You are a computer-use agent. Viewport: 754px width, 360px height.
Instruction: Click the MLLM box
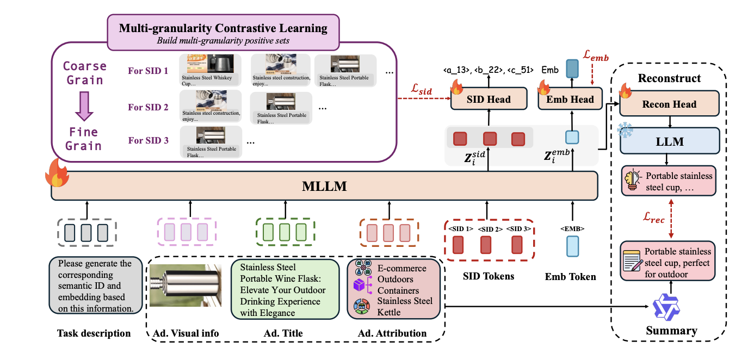(324, 187)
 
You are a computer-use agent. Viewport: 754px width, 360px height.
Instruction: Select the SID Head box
(489, 99)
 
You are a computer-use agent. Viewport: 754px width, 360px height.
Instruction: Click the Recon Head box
(669, 104)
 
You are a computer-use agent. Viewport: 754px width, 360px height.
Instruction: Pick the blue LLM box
(669, 141)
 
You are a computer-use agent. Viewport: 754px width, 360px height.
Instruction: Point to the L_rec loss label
(653, 220)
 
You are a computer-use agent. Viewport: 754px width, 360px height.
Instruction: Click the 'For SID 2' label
(148, 107)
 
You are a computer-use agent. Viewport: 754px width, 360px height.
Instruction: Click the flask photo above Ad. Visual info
(188, 285)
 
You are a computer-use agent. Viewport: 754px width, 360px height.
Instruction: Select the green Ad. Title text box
(286, 289)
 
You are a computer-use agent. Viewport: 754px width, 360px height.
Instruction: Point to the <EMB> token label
(572, 229)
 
